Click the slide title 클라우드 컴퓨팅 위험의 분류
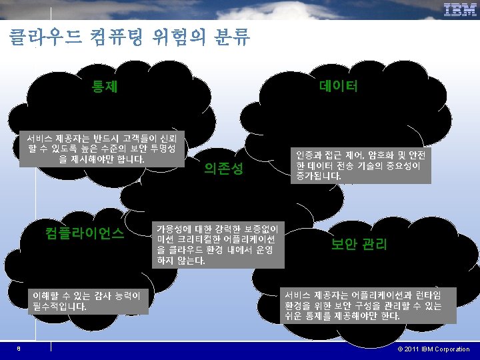129,36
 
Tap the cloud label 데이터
339,86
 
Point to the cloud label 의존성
224,170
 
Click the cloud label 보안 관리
359,244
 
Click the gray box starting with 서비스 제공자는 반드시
101,149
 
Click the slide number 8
20,349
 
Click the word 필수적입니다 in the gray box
59,307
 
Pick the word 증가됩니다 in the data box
319,177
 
